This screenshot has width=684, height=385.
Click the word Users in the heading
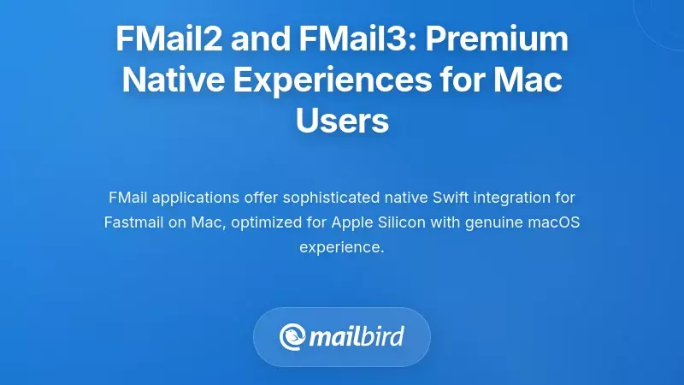(x=342, y=121)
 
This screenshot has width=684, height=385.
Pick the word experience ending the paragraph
(x=341, y=247)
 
